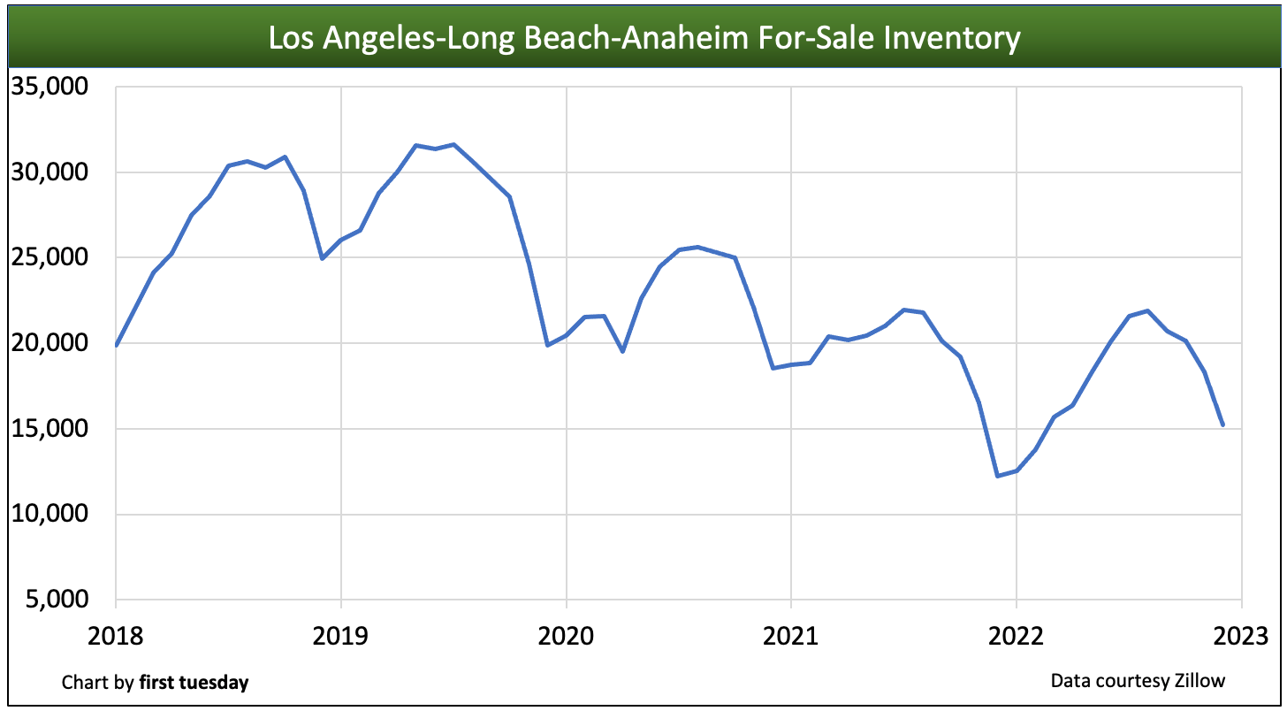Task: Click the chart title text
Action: pyautogui.click(x=644, y=38)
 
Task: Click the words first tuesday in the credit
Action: pyautogui.click(x=194, y=683)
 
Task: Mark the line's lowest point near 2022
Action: pyautogui.click(x=998, y=476)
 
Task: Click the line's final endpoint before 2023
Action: pyautogui.click(x=1223, y=425)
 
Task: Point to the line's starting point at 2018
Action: pyautogui.click(x=116, y=345)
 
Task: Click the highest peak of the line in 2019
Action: pyautogui.click(x=453, y=144)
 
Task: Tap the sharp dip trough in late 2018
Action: pyautogui.click(x=322, y=258)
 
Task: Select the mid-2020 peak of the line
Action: pyautogui.click(x=697, y=247)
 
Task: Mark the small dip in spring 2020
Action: pyautogui.click(x=622, y=351)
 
